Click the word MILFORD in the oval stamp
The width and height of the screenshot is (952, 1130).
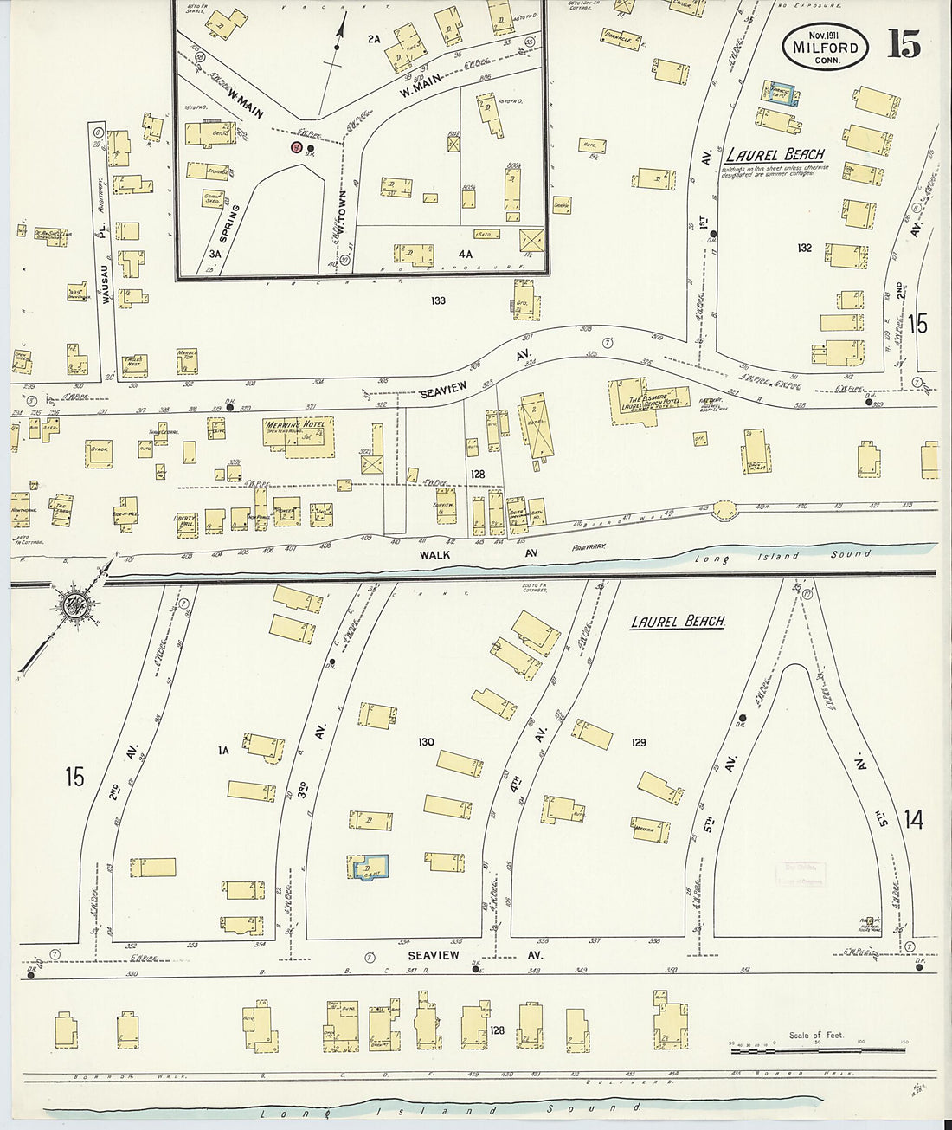point(826,48)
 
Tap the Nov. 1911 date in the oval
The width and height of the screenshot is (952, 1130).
point(826,34)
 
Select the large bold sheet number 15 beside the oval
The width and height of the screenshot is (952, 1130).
point(904,43)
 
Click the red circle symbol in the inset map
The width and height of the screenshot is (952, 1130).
point(296,148)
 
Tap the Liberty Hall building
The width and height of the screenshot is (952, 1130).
point(187,522)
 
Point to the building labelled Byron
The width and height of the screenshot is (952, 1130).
point(97,454)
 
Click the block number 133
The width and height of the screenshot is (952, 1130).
point(437,300)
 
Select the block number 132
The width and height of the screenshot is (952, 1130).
point(805,249)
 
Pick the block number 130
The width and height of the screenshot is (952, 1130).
point(425,742)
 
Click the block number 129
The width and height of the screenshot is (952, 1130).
point(639,743)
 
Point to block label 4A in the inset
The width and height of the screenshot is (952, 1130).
point(466,254)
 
